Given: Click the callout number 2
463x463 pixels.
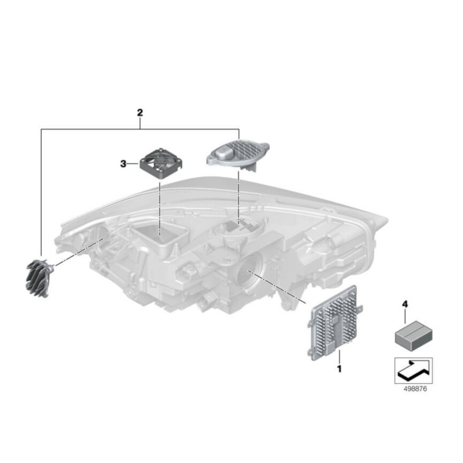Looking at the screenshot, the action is (139, 112).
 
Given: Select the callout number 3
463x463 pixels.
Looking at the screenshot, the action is (123, 164).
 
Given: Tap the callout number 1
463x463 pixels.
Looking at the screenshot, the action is (339, 369).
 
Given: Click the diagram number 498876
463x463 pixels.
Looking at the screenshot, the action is (415, 389).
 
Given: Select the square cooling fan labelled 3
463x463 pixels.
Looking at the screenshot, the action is (161, 163).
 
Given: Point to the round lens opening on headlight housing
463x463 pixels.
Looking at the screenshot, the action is (249, 270).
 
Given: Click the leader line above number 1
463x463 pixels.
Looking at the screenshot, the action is (340, 357).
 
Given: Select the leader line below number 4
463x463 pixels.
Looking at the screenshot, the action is (405, 315).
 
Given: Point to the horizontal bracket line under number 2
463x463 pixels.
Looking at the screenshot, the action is (140, 129).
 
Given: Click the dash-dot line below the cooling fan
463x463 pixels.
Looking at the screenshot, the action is (160, 208).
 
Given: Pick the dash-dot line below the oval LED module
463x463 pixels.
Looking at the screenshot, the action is (238, 199).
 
